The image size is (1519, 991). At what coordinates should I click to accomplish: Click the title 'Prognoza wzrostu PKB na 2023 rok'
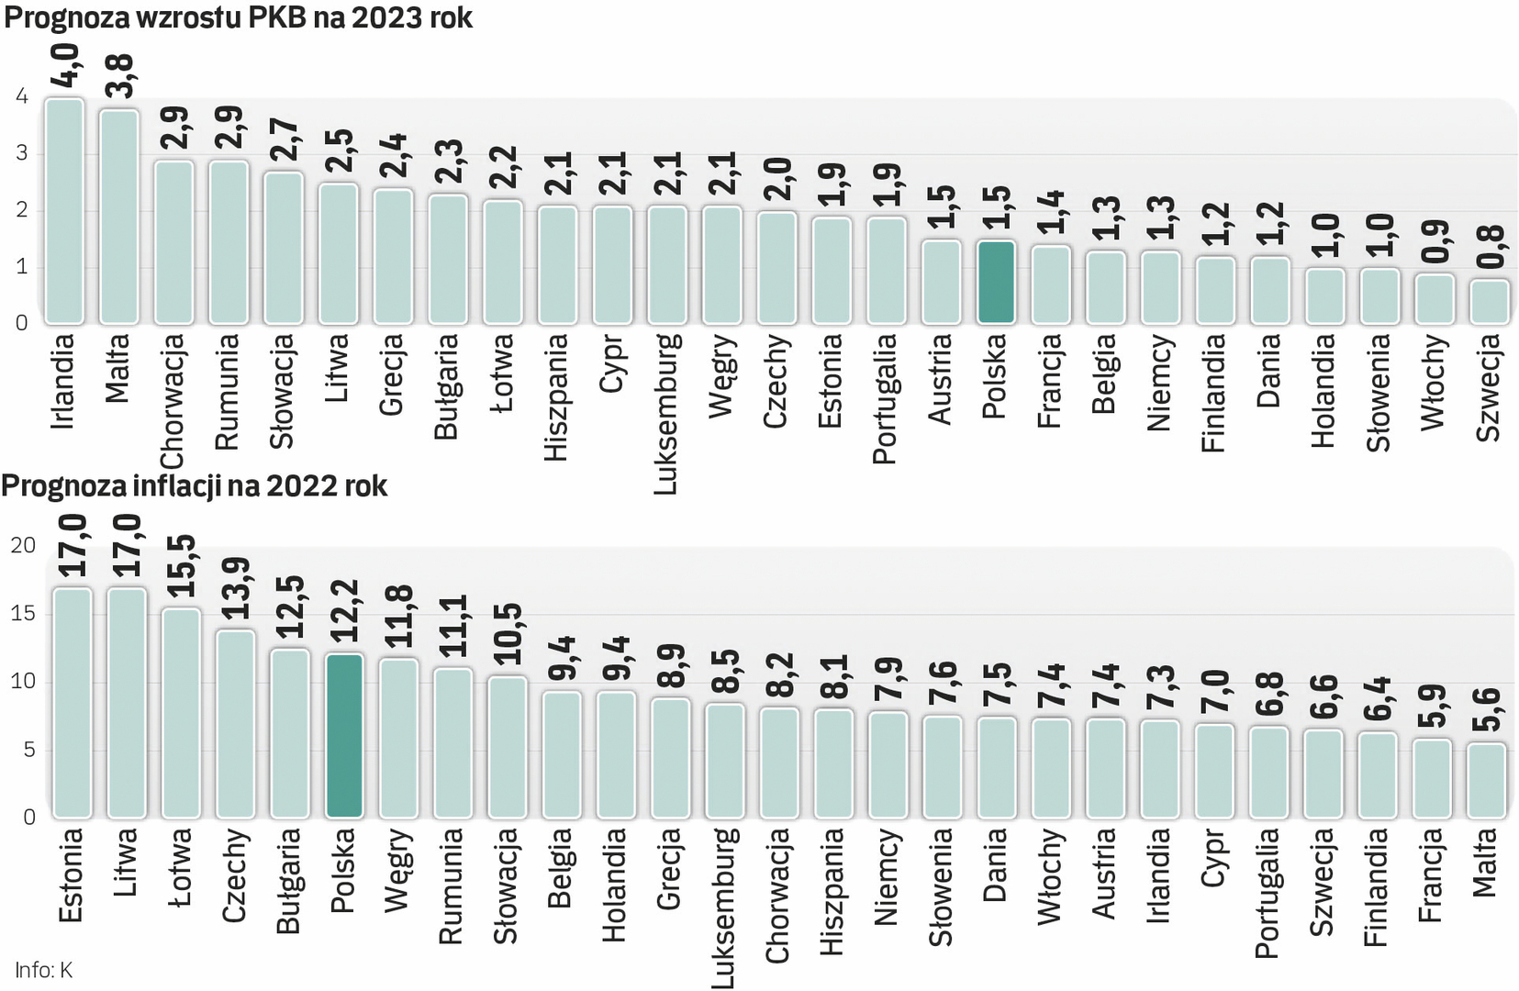[238, 17]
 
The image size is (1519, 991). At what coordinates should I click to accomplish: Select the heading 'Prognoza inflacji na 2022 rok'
[195, 485]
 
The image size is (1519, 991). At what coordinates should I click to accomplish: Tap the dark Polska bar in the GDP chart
[996, 283]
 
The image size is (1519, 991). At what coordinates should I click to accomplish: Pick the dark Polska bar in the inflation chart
[344, 735]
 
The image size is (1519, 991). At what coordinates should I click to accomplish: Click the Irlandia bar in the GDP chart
[64, 211]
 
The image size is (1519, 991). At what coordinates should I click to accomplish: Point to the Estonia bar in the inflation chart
[72, 702]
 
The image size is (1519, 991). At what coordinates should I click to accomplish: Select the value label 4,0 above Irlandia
[65, 65]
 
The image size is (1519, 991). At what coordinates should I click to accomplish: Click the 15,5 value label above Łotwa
[181, 565]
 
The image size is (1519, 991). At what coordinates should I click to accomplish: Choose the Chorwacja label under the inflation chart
[777, 896]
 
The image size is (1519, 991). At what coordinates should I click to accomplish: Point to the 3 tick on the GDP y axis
[22, 153]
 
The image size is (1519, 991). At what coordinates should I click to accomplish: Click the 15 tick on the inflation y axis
[23, 613]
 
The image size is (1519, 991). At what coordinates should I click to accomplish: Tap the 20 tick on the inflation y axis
[23, 545]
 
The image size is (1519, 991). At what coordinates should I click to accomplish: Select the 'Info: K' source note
[43, 970]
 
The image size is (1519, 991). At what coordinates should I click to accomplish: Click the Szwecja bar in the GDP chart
[1489, 302]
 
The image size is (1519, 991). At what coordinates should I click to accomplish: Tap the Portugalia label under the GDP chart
[885, 398]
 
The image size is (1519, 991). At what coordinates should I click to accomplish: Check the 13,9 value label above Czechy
[235, 587]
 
